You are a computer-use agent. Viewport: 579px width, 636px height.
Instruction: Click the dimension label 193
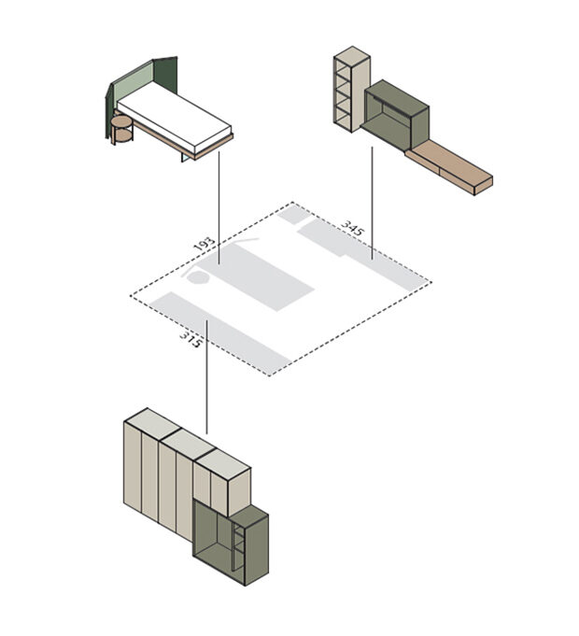tap(204, 245)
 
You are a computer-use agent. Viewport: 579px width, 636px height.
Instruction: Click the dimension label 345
tap(353, 229)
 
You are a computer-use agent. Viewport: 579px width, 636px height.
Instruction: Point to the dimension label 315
tap(191, 340)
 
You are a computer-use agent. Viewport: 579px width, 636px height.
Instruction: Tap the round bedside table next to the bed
tap(121, 130)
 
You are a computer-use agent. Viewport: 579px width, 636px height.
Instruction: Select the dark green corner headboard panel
tap(165, 74)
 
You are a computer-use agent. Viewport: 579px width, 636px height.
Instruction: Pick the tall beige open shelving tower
tap(351, 89)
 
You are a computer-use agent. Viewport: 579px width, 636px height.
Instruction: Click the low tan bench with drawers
tap(449, 167)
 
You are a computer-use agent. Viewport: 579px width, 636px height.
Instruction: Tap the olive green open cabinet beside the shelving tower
tap(395, 115)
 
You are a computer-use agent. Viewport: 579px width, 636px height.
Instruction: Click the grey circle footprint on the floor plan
tap(198, 278)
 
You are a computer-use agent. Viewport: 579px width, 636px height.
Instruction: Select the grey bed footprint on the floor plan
tap(255, 277)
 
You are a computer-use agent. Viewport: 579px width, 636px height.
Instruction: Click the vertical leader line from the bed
tap(219, 207)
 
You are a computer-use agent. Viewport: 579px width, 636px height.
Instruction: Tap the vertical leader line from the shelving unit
tap(373, 203)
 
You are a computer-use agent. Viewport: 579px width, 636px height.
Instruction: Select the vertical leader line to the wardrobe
tap(206, 377)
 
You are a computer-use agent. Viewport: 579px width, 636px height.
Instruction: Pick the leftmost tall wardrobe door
tap(133, 467)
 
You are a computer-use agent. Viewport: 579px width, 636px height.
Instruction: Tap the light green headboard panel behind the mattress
tap(133, 85)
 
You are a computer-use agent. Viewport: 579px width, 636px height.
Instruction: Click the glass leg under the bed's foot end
tap(185, 156)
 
